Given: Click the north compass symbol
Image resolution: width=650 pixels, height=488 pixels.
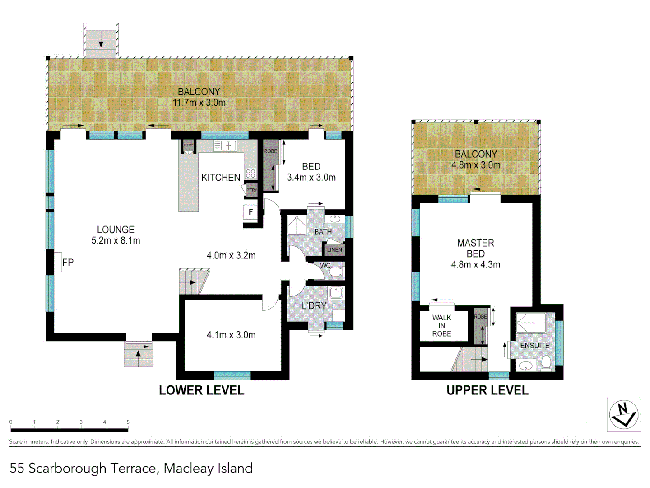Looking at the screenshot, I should pyautogui.click(x=623, y=415).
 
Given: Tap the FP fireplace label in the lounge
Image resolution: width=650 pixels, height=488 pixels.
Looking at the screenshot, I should pyautogui.click(x=68, y=263).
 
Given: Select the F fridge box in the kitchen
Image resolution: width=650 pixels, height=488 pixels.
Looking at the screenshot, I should pyautogui.click(x=251, y=212).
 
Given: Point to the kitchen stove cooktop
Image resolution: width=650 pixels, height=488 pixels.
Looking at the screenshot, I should pyautogui.click(x=251, y=173).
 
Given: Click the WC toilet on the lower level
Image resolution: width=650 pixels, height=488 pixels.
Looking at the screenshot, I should pyautogui.click(x=335, y=272).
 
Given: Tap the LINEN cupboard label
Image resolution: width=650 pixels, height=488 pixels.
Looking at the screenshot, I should pyautogui.click(x=334, y=249).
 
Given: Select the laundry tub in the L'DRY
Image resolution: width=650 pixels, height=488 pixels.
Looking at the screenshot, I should pyautogui.click(x=336, y=292).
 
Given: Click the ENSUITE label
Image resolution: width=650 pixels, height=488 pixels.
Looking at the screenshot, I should pyautogui.click(x=534, y=346).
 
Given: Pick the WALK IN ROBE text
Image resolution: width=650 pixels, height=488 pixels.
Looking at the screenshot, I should pyautogui.click(x=441, y=326).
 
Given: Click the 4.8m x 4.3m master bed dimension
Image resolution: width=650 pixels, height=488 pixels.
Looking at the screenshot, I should pyautogui.click(x=475, y=265).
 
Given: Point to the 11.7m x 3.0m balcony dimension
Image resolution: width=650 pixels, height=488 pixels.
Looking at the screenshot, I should pyautogui.click(x=199, y=103).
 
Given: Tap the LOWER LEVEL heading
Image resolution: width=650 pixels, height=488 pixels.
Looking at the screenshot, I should pyautogui.click(x=201, y=390).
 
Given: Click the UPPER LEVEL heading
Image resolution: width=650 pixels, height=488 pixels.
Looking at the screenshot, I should pyautogui.click(x=487, y=390).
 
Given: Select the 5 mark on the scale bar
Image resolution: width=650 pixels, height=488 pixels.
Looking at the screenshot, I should pyautogui.click(x=128, y=422).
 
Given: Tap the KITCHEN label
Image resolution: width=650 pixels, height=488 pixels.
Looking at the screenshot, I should pyautogui.click(x=221, y=178).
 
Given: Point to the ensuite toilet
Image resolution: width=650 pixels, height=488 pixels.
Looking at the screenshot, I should pyautogui.click(x=546, y=362).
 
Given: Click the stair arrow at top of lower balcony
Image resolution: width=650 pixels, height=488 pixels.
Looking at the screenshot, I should pyautogui.click(x=101, y=42).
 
